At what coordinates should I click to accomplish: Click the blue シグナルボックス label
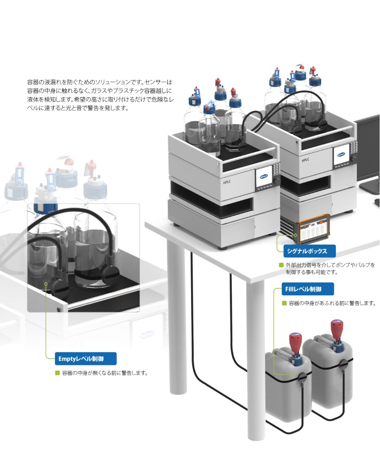(x=309, y=251)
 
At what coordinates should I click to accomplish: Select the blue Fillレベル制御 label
(x=308, y=289)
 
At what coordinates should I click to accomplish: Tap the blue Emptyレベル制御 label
(x=85, y=358)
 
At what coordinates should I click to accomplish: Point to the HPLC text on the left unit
(x=227, y=182)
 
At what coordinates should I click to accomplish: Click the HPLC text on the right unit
(x=305, y=160)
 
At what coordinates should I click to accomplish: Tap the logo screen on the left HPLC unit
(x=264, y=177)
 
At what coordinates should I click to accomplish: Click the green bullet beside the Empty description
(x=57, y=373)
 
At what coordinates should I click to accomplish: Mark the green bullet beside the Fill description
(x=284, y=303)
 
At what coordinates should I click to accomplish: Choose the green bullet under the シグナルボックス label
(x=281, y=265)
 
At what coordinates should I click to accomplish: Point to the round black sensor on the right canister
(x=344, y=364)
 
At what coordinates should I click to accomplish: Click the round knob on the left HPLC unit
(x=276, y=181)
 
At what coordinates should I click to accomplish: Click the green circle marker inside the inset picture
(x=46, y=284)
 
